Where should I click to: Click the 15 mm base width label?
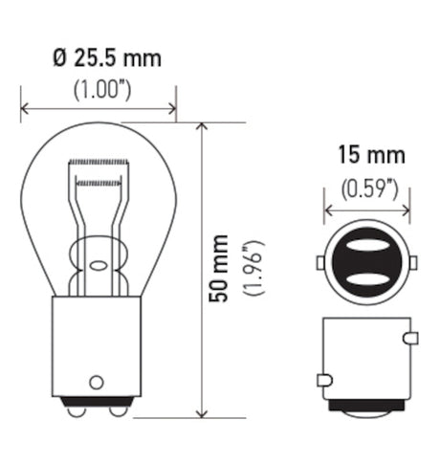pyautogui.click(x=369, y=155)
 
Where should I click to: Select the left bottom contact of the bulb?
pyautogui.click(x=75, y=410)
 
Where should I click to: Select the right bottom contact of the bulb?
pyautogui.click(x=117, y=410)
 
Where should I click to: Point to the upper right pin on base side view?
pyautogui.click(x=411, y=338)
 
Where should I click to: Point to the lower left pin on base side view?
pyautogui.click(x=323, y=380)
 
